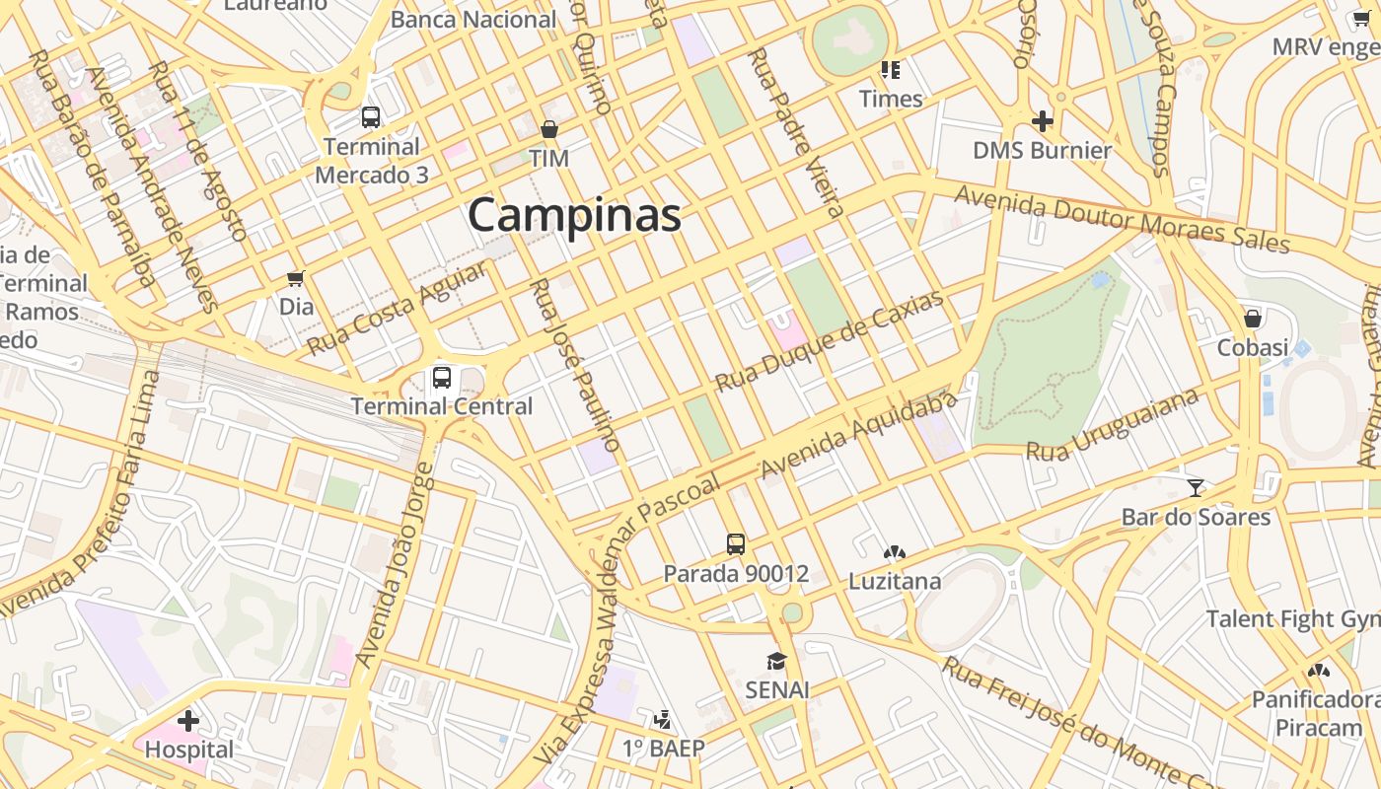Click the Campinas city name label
(574, 215)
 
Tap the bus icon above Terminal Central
(442, 377)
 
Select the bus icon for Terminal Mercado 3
(371, 117)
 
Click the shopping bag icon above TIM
(549, 129)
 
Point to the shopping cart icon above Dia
(296, 278)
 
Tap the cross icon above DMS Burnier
(1042, 121)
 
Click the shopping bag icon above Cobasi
(1253, 319)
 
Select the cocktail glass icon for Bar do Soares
(1196, 487)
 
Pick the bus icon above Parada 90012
(736, 543)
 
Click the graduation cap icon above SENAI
(777, 661)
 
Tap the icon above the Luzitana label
(895, 553)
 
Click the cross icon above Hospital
(188, 721)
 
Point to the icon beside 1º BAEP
(664, 719)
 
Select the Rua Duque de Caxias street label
(830, 341)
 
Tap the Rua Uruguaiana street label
(1113, 425)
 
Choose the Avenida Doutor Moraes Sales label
(1122, 219)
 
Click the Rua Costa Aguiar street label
(397, 309)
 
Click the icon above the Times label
(891, 70)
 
